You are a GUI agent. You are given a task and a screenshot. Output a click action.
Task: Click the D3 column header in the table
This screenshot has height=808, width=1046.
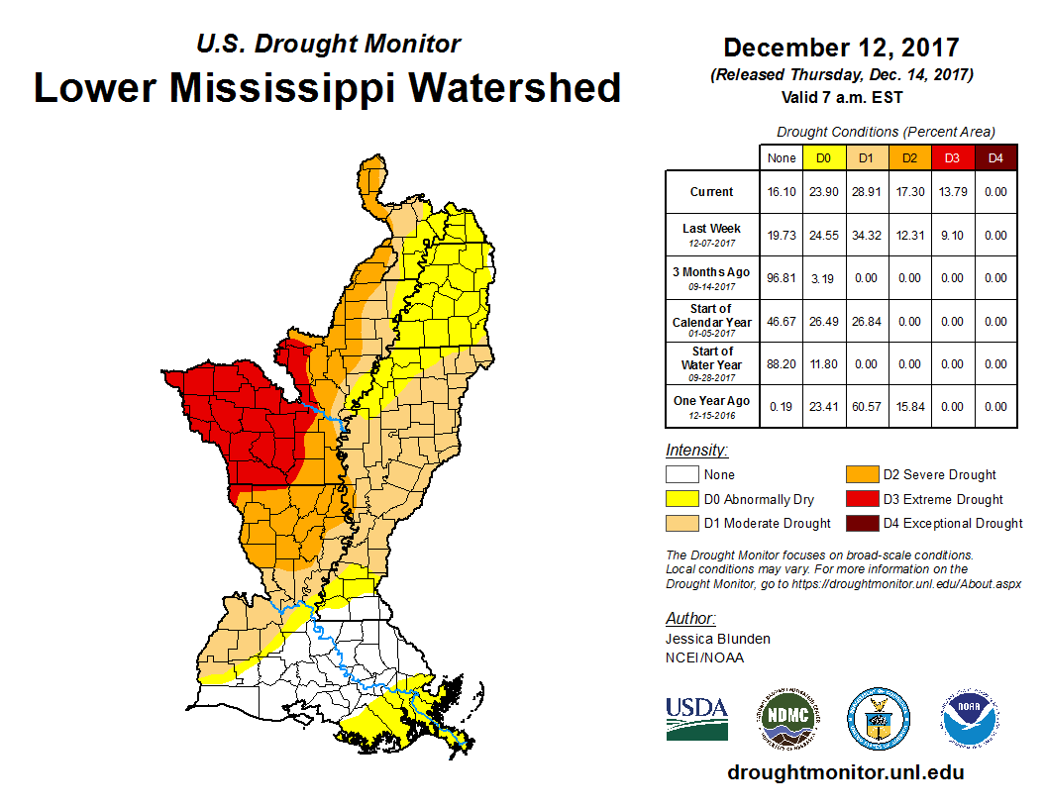pyautogui.click(x=951, y=157)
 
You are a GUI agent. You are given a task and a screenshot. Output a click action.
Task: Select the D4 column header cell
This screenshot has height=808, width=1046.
pyautogui.click(x=994, y=157)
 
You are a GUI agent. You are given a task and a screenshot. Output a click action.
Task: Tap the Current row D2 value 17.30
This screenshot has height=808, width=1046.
pyautogui.click(x=908, y=192)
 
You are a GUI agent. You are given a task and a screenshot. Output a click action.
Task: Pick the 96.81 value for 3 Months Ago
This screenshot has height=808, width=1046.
pyautogui.click(x=782, y=278)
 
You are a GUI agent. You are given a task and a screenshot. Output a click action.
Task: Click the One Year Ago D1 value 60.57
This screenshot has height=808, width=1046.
pyautogui.click(x=866, y=406)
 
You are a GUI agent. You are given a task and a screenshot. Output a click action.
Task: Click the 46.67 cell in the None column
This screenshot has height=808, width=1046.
pyautogui.click(x=782, y=321)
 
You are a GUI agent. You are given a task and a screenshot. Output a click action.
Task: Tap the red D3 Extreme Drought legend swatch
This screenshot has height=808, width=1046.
pyautogui.click(x=860, y=499)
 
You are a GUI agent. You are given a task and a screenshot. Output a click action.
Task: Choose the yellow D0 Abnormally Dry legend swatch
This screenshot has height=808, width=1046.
pyautogui.click(x=681, y=499)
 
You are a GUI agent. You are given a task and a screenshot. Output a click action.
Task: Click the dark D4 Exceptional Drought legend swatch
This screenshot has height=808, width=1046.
pyautogui.click(x=860, y=523)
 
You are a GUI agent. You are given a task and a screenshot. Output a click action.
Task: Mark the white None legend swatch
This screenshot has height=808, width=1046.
pyautogui.click(x=681, y=475)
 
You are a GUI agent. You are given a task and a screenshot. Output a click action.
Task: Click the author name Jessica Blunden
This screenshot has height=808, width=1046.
pyautogui.click(x=718, y=639)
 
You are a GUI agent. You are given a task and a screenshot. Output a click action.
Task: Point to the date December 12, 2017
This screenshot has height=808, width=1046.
pyautogui.click(x=841, y=48)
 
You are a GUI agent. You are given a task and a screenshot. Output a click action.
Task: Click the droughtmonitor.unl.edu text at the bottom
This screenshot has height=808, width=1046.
pyautogui.click(x=845, y=772)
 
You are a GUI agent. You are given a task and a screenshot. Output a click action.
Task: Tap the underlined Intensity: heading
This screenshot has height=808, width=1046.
pyautogui.click(x=697, y=450)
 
